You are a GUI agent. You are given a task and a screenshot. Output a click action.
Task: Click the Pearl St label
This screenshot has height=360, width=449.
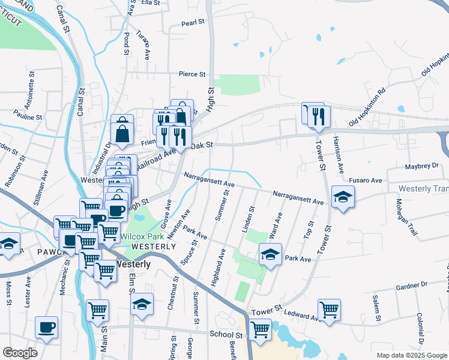click(x=193, y=24)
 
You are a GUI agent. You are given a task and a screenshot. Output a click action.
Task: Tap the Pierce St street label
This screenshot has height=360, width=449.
click(x=192, y=74)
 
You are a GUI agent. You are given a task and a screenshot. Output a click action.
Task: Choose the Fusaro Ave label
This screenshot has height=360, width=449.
click(x=366, y=180)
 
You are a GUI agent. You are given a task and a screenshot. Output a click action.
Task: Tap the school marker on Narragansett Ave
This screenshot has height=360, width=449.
click(x=343, y=196)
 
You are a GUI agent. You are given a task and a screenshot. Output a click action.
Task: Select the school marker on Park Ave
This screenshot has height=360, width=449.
click(x=270, y=254)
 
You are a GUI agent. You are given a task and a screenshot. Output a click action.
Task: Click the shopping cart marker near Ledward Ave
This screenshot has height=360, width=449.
click(x=329, y=310)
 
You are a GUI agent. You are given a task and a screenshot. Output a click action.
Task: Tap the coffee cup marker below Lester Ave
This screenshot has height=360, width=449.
click(x=46, y=327)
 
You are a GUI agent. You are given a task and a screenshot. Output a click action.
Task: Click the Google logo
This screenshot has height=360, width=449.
click(x=20, y=353)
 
